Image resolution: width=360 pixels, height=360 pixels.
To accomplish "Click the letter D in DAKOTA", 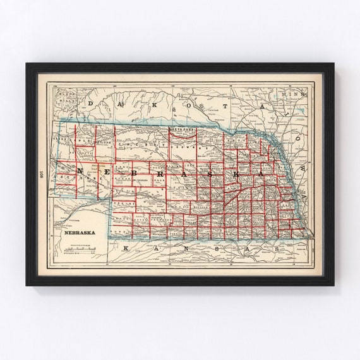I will [91, 102].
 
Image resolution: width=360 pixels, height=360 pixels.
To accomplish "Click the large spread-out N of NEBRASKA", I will [81, 171].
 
